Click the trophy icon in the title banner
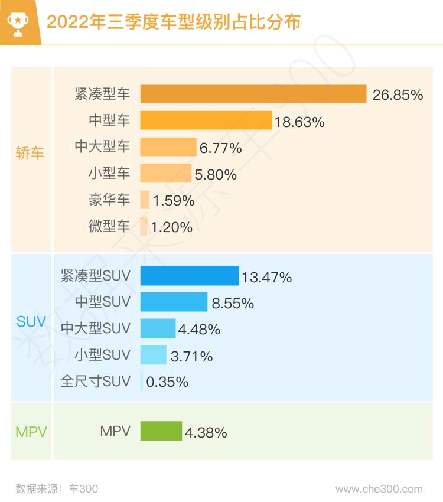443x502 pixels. pyautogui.click(x=18, y=23)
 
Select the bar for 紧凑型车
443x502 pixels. pyautogui.click(x=253, y=94)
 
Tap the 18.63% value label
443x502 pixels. pyautogui.click(x=299, y=122)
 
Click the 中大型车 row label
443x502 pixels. pyautogui.click(x=102, y=146)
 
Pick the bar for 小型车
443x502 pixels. pyautogui.click(x=166, y=173)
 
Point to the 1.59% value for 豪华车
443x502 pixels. pyautogui.click(x=174, y=200)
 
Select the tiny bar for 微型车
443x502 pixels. pyautogui.click(x=144, y=227)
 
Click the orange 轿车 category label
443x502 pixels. pyautogui.click(x=30, y=154)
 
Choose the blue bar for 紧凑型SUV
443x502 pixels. pyautogui.click(x=189, y=276)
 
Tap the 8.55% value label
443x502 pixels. pyautogui.click(x=233, y=304)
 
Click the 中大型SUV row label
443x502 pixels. pyautogui.click(x=95, y=328)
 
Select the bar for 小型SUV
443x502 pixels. pyautogui.click(x=153, y=355)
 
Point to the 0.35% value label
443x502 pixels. pyautogui.click(x=167, y=382)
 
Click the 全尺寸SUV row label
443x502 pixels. pyautogui.click(x=95, y=382)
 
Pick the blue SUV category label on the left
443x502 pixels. pyautogui.click(x=31, y=322)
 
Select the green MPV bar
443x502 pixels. pyautogui.click(x=161, y=431)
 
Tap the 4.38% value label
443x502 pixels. pyautogui.click(x=206, y=432)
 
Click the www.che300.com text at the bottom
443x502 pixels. pyautogui.click(x=379, y=489)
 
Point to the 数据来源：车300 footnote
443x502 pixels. pyautogui.click(x=57, y=489)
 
